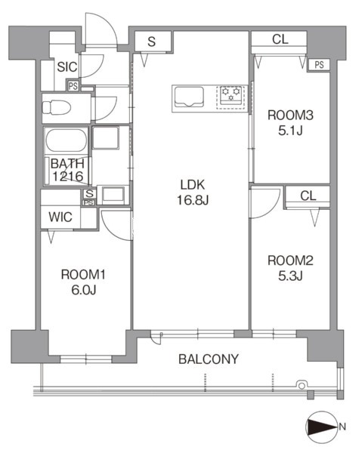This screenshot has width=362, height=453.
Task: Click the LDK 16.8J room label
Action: coord(193,192)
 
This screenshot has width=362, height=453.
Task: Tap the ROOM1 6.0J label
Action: coord(83,282)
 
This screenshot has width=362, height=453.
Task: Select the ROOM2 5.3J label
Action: coord(290,268)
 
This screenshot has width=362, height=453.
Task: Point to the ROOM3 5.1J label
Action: coord(290,123)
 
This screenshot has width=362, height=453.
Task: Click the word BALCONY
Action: coord(209,359)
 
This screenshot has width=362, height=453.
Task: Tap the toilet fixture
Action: coord(57,108)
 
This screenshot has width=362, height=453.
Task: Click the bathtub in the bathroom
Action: coord(67,140)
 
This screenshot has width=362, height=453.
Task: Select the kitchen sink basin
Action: coord(189,97)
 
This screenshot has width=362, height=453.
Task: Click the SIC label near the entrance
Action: coord(67,67)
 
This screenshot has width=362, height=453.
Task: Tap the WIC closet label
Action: coord(60,217)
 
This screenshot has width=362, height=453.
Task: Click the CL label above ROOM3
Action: coord(280,39)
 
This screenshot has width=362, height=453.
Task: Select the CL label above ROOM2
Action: coord(308,196)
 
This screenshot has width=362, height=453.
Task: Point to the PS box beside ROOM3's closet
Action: coord(319,65)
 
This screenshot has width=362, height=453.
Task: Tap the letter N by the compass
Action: coord(342,427)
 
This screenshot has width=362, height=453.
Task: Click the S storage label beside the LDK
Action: coord(151,42)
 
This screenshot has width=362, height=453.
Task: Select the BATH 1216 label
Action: coord(67,170)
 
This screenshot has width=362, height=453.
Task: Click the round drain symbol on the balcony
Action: coord(302,385)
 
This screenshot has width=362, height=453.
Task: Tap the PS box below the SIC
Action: coord(73,86)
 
